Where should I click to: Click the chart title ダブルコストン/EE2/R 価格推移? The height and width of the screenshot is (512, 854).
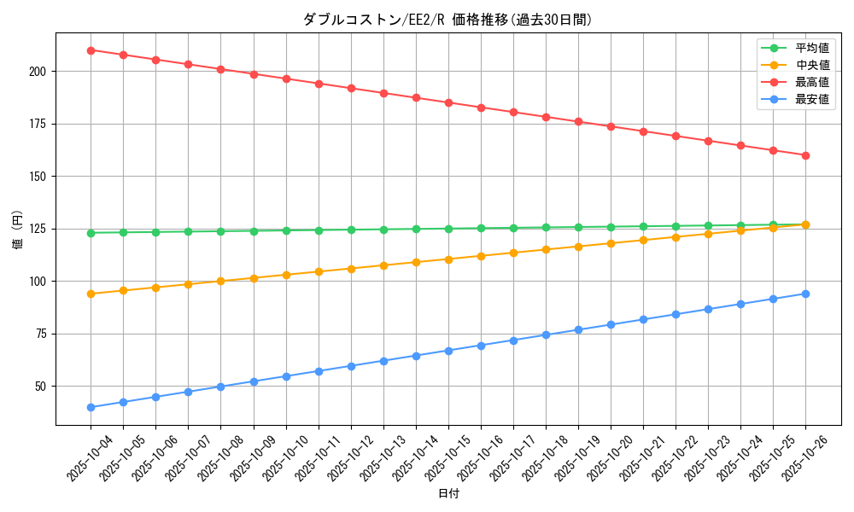point(447,20)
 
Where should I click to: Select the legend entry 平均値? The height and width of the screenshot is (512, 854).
point(811,48)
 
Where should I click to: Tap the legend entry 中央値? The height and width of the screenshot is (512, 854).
point(811,65)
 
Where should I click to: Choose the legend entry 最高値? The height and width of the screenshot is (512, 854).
point(811,82)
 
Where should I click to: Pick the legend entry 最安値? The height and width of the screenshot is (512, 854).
point(811,99)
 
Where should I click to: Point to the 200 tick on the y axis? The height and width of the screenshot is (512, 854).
point(39,72)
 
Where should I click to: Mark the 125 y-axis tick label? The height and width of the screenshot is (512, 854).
point(39,229)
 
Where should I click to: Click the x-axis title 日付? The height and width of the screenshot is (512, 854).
point(448,494)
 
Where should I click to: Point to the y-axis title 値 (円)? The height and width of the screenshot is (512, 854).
point(18,229)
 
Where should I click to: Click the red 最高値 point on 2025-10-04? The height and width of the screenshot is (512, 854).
point(91,50)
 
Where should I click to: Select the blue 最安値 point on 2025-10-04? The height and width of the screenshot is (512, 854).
point(91,407)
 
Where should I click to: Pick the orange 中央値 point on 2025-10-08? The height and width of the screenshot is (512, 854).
point(220,281)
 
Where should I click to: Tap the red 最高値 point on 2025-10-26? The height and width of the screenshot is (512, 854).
point(805,155)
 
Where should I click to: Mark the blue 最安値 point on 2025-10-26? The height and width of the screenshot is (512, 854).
point(805,294)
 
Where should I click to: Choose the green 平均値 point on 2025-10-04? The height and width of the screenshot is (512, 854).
point(91,233)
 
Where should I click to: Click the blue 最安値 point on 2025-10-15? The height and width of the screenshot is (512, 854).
point(448,351)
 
